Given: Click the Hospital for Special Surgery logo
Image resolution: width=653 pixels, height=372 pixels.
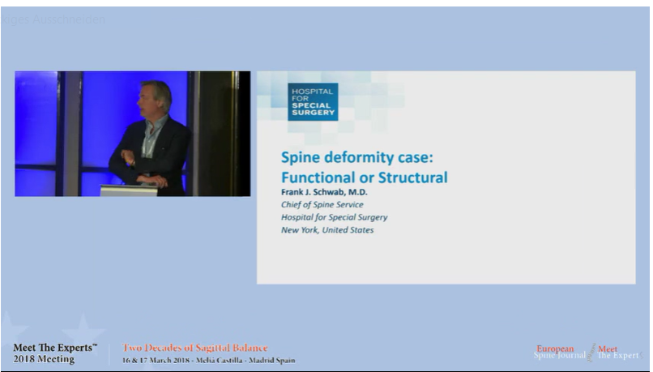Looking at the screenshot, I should coord(313,101).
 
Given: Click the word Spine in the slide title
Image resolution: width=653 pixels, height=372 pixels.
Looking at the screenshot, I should coord(301,156).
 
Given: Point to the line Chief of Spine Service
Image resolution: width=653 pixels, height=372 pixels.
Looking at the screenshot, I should coord(322,205).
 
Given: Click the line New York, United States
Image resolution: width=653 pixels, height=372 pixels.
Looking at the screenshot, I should coord(327,229).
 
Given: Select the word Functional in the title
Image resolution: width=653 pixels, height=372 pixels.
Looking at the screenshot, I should coord(319,177).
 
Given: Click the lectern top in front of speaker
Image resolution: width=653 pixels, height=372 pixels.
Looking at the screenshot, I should coord(129,190).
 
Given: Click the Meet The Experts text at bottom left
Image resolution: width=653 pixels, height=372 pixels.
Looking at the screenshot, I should coord(54,348).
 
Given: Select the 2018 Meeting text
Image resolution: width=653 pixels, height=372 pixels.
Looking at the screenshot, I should coord(44,359).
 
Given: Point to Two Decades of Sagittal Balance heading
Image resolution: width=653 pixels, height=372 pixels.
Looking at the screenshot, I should coord(195,348).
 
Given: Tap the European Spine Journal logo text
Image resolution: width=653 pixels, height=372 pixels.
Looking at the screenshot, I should coord(559,353).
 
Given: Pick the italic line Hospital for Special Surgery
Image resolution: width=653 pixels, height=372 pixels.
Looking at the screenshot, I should coord(334,217).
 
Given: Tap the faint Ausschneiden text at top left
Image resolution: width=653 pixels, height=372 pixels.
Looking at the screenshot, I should coord(69,19).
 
